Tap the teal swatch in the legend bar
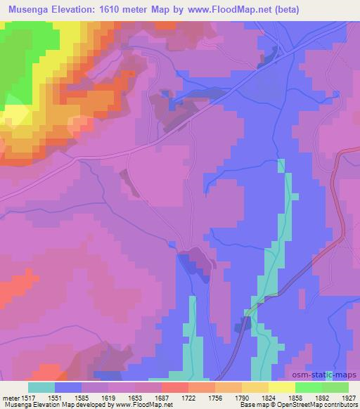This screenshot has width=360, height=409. click(41, 387)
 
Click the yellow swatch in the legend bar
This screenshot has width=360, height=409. click(282, 387)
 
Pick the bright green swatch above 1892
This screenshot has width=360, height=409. click(309, 387)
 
